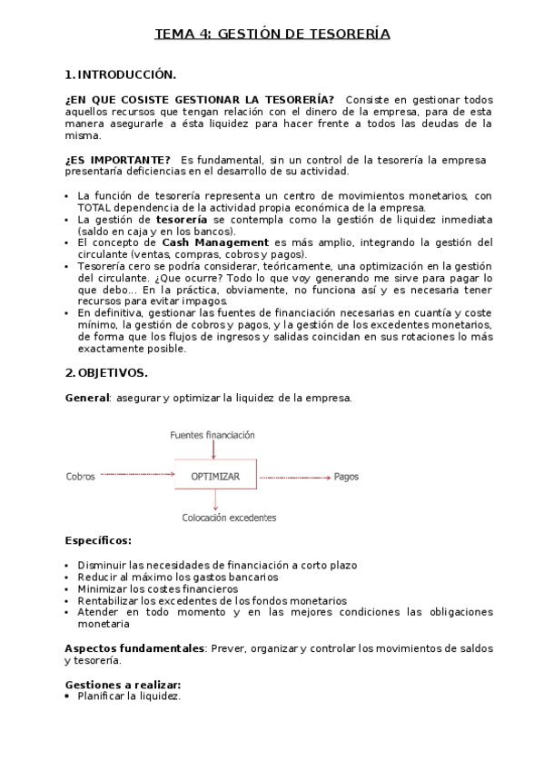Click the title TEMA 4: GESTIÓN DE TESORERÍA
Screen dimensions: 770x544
pos(272,35)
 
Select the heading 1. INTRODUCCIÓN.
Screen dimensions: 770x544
pos(121,74)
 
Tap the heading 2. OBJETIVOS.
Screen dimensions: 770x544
pos(106,373)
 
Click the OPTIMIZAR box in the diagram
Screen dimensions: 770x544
pos(215,476)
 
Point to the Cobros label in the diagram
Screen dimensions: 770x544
pos(80,476)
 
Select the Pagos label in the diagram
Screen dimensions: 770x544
pos(346,476)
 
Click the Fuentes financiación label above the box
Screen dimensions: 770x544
pos(213,435)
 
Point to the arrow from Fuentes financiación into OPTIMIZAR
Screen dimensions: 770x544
pos(214,450)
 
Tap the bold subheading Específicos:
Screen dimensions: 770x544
pos(98,540)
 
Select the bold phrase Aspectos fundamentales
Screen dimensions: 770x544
pos(134,648)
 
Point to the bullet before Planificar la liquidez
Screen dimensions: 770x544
pos(68,696)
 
